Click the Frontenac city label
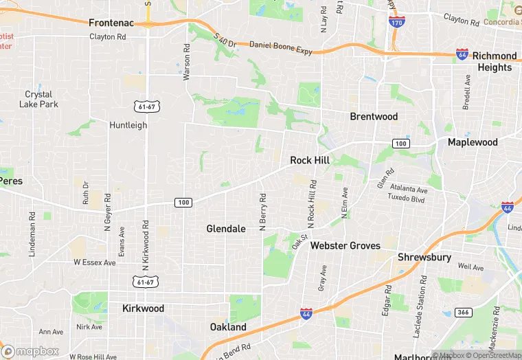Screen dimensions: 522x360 (x=114, y=23)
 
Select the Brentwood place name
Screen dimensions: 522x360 (x=374, y=117)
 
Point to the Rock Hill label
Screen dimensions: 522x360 (x=310, y=160)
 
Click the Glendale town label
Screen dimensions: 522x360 (x=226, y=229)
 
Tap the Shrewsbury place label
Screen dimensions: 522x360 (x=424, y=258)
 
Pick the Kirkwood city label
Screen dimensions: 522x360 (x=143, y=308)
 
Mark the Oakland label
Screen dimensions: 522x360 (x=228, y=327)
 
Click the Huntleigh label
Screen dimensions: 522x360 (x=128, y=125)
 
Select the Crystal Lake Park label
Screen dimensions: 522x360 (x=38, y=100)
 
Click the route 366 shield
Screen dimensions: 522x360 (x=464, y=313)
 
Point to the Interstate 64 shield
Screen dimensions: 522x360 (x=462, y=54)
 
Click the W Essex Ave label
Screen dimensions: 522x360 (x=95, y=262)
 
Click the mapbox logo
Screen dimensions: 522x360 (x=31, y=350)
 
